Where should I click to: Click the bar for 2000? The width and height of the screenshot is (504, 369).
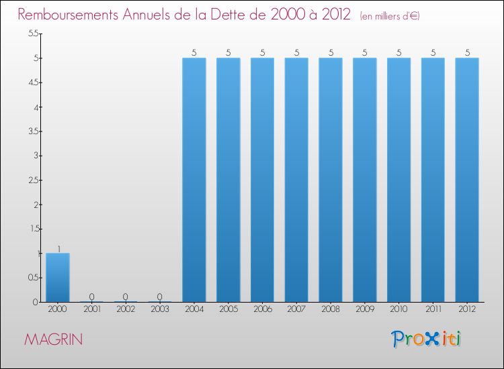pos(58,277)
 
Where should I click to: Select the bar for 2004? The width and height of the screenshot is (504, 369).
pos(194,180)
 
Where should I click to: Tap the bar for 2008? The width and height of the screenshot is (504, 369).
pos(331,180)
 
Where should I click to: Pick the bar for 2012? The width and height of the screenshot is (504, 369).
pos(467,180)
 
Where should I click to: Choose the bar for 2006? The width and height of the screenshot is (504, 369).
pos(262,180)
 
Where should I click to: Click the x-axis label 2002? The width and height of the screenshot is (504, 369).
pos(126,310)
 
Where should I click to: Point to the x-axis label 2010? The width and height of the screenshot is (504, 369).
pos(398,310)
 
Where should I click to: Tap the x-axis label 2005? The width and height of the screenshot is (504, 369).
pos(228,310)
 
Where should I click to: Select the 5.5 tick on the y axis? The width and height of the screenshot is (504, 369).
pos(33,34)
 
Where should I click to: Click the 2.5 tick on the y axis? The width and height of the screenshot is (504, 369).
pos(33,180)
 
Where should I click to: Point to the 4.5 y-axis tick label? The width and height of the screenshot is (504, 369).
pos(33,83)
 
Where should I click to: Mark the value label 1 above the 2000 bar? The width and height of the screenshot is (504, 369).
pos(58,248)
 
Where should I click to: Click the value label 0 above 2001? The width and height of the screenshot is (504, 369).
pos(92,297)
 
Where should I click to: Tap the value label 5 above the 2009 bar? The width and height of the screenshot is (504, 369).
pos(365,52)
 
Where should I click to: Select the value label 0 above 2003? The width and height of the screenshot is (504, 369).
pos(160,297)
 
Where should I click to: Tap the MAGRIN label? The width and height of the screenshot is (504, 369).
pos(54,339)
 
